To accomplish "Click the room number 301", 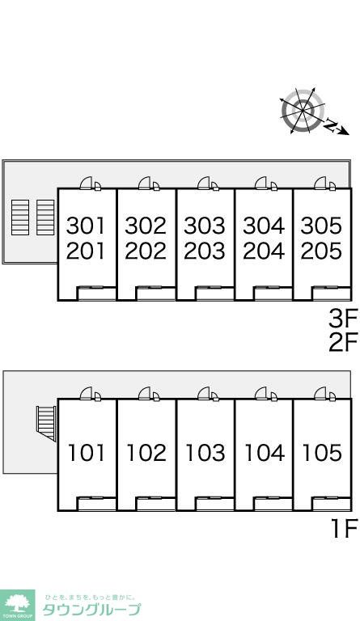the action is [x=86, y=226].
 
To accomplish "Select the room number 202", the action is [x=146, y=251].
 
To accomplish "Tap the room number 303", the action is [x=205, y=226].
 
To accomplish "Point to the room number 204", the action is [x=264, y=251].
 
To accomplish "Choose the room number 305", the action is [x=321, y=226].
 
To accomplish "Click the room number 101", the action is [x=87, y=453].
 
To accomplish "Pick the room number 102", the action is [x=146, y=453].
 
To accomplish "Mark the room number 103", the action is [x=205, y=453].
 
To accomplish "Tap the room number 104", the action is [x=265, y=453].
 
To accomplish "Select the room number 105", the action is [x=322, y=453].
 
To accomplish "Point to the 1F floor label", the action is [x=344, y=529].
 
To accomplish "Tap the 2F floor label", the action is [x=343, y=343].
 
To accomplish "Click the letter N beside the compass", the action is [x=330, y=125].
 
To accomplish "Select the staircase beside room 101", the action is [x=46, y=424].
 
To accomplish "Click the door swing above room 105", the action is [x=320, y=393].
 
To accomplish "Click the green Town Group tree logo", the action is [x=18, y=605].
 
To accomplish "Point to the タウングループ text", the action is [x=91, y=610].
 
